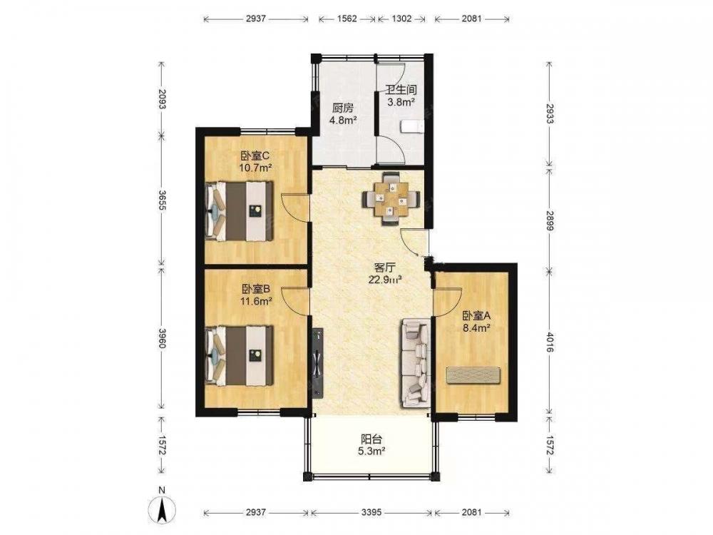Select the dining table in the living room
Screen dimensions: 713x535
[x=391, y=199]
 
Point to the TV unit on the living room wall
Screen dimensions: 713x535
[x=317, y=363]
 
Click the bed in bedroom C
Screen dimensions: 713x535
[x=240, y=210]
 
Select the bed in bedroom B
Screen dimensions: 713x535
[x=240, y=355]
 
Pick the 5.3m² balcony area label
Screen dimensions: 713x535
[x=371, y=452]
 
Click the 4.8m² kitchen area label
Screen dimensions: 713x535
[x=342, y=121]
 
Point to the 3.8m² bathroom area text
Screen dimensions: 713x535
[x=401, y=102]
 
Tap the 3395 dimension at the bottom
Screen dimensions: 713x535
[x=371, y=512]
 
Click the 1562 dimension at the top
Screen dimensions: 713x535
[x=347, y=19]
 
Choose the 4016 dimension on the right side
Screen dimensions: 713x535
[x=550, y=342]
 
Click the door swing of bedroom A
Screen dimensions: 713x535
[x=448, y=302]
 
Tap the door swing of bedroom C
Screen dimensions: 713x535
[x=296, y=208]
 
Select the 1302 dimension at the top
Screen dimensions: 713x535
[x=401, y=19]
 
